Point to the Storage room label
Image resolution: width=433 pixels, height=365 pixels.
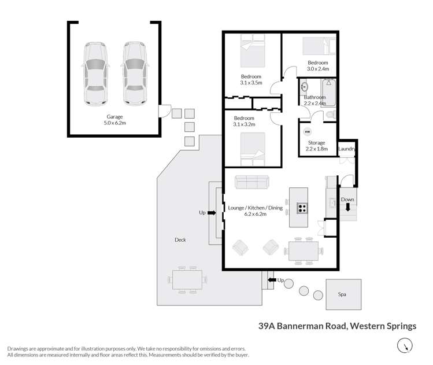click(316, 142)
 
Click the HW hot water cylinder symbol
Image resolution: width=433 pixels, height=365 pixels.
click(306, 131)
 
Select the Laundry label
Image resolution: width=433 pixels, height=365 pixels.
click(347, 149)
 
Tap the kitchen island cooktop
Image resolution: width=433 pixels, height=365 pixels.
click(302, 207)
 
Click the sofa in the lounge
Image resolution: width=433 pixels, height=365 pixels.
click(251, 182)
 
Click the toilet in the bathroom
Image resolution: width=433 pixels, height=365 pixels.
click(330, 116)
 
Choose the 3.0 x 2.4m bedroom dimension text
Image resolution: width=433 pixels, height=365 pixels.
click(317, 69)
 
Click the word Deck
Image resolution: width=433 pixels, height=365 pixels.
click(180, 239)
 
